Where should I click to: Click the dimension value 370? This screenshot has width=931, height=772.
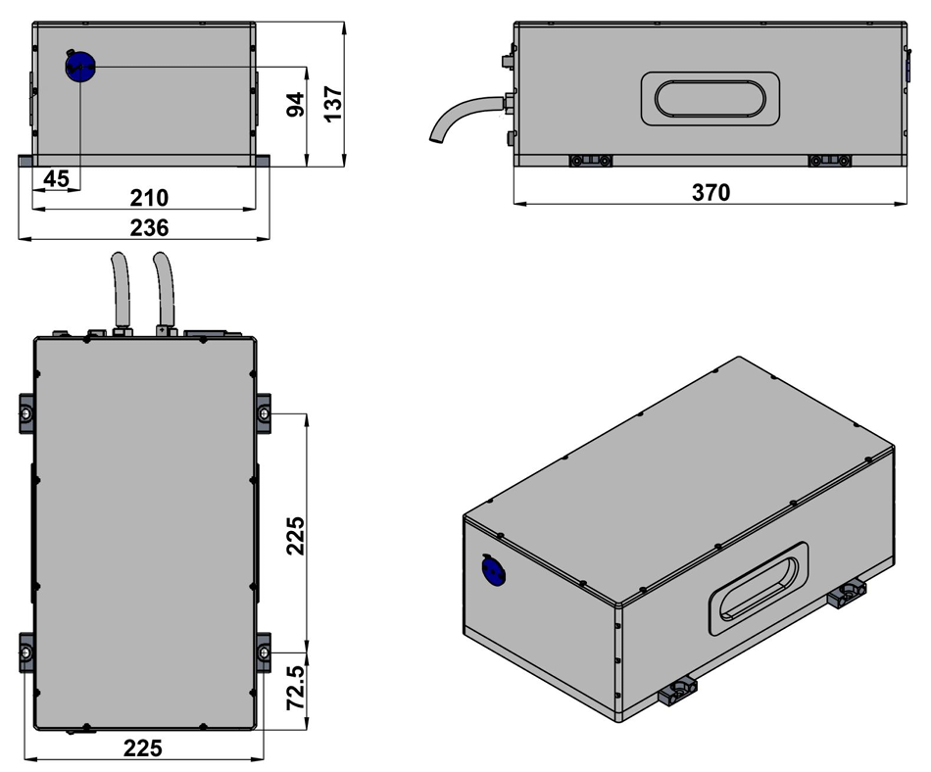click(x=710, y=193)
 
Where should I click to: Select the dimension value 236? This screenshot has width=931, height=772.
click(x=149, y=227)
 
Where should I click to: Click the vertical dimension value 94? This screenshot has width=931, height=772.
click(x=295, y=102)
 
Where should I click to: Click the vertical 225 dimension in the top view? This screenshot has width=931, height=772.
click(x=295, y=535)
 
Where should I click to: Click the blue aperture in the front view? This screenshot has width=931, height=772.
click(x=79, y=68)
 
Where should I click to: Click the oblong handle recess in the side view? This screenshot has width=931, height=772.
click(x=710, y=99)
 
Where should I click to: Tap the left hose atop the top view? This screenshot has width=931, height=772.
click(x=121, y=289)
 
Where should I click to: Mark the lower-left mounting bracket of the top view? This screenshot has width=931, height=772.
click(x=26, y=651)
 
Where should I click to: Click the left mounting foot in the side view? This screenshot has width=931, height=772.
click(x=591, y=161)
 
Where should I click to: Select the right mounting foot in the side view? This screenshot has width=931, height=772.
click(x=829, y=161)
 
